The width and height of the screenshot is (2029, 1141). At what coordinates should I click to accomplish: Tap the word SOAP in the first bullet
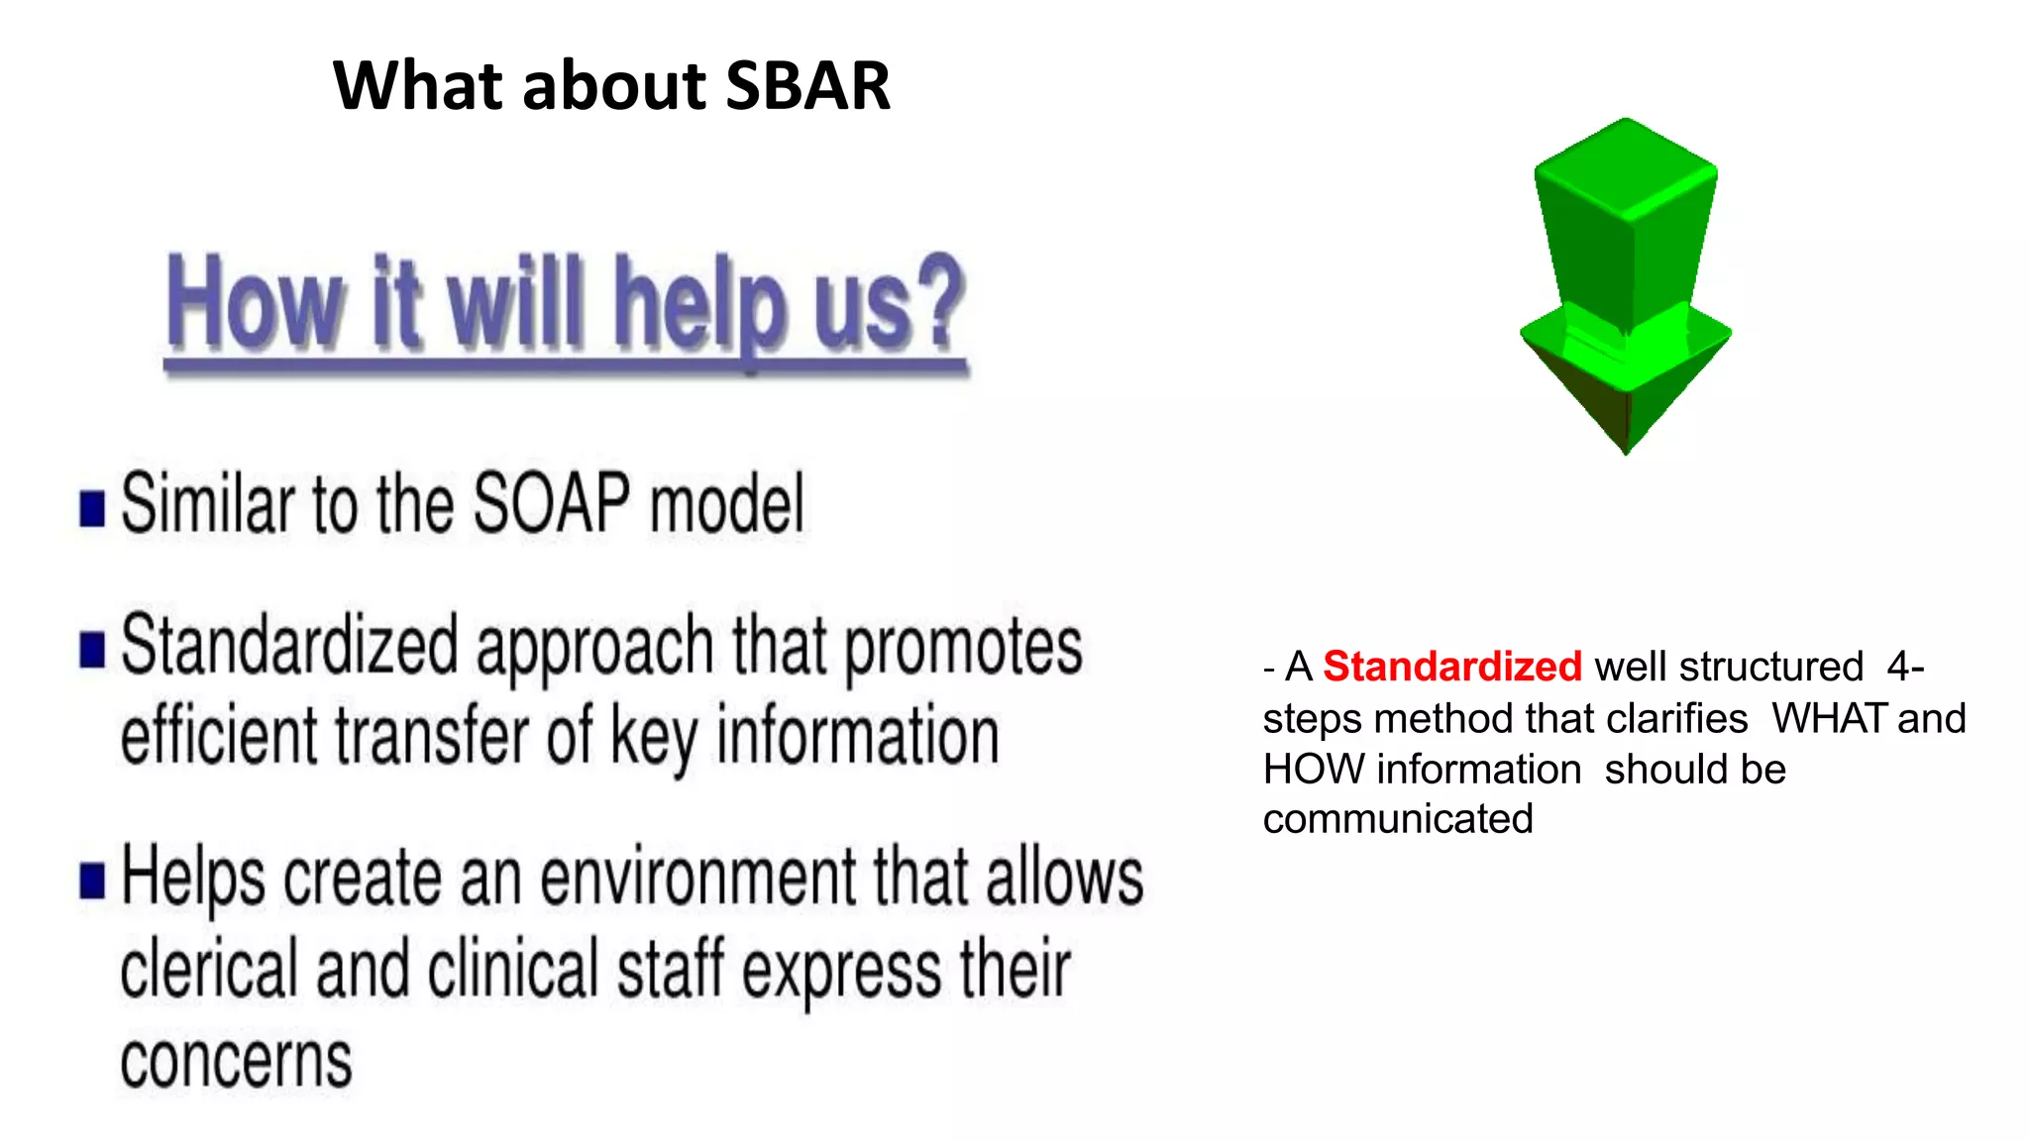(x=551, y=504)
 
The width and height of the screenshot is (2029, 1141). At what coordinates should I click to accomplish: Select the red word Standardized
(x=1451, y=667)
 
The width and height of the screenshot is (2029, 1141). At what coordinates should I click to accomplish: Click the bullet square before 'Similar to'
(x=92, y=509)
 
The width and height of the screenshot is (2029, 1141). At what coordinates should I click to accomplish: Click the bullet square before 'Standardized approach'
(x=92, y=651)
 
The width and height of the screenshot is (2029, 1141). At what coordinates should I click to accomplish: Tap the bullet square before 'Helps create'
(x=92, y=880)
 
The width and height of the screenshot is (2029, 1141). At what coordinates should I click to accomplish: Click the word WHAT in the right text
(x=1829, y=719)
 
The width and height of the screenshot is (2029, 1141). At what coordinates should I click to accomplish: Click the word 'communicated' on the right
(x=1397, y=820)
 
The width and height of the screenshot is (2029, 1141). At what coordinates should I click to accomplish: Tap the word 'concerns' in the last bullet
(x=236, y=1063)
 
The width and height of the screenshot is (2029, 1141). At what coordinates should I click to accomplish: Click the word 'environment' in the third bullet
(x=697, y=878)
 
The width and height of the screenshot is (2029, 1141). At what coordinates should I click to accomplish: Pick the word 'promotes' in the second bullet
(x=962, y=649)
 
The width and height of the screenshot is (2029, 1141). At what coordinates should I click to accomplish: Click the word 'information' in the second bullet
(x=857, y=737)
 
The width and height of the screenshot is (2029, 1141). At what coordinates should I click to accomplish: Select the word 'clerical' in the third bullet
(x=208, y=970)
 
